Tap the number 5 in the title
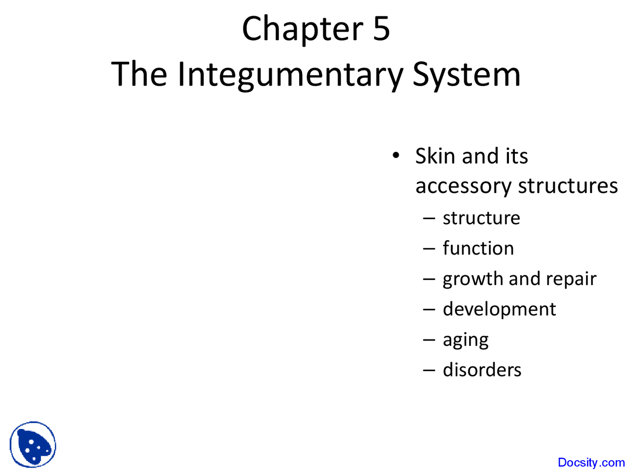point(381,29)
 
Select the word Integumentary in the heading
point(290,74)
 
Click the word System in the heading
point(466,74)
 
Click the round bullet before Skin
point(395,155)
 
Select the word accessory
point(463,186)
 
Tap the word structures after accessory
point(568,186)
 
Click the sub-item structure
point(481,218)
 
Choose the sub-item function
point(478,248)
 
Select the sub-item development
point(499,309)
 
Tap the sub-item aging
point(465,340)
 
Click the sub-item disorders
point(482,370)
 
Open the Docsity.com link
point(591,463)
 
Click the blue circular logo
point(33,444)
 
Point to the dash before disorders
point(429,370)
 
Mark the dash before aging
point(429,340)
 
